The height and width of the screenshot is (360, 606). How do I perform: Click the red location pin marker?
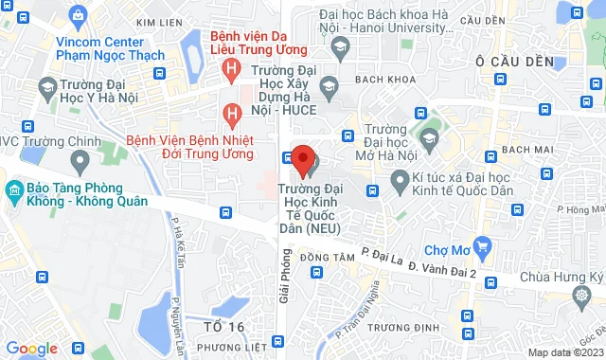point(302,159)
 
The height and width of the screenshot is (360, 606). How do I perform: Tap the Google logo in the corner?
point(31,349)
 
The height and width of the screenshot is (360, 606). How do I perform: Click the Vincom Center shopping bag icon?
point(78,15)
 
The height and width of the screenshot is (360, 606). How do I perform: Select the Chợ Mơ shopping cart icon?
point(483,249)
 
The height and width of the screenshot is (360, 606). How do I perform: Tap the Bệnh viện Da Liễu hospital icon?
point(230,68)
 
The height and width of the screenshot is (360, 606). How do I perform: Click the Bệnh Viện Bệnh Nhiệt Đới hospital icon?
point(230,114)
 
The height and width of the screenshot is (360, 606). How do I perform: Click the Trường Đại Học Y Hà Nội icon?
point(46,88)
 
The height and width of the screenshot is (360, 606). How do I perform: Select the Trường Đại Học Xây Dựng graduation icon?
point(329,88)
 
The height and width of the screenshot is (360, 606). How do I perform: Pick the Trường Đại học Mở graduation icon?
point(428,139)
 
